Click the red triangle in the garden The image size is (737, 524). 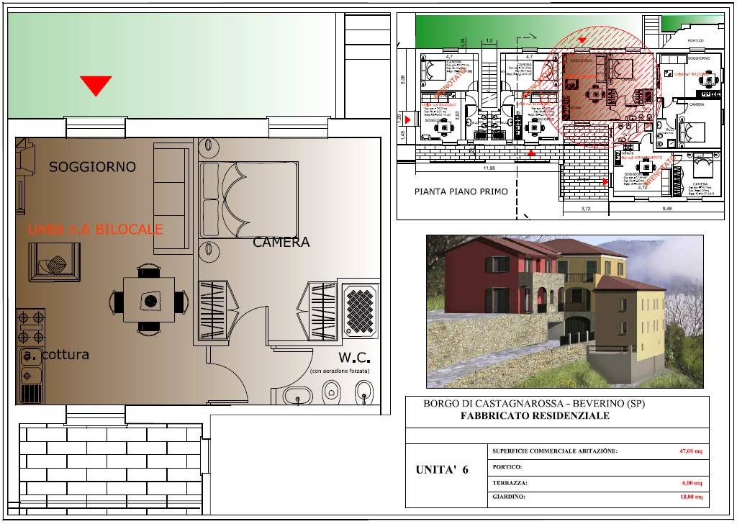tap(96, 85)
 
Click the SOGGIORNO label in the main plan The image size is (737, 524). tap(92, 167)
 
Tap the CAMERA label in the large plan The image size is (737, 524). tap(281, 243)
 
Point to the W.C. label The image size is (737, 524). tap(354, 358)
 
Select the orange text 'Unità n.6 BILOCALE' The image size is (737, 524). tap(95, 230)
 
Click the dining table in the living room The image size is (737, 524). tap(150, 301)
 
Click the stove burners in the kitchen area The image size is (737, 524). tap(30, 326)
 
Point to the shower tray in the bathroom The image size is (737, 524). tap(361, 311)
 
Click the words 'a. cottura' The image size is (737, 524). tap(55, 355)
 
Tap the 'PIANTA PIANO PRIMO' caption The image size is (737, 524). tap(461, 191)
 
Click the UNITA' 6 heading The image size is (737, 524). tap(442, 470)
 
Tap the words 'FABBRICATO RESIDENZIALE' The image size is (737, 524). tap(534, 416)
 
